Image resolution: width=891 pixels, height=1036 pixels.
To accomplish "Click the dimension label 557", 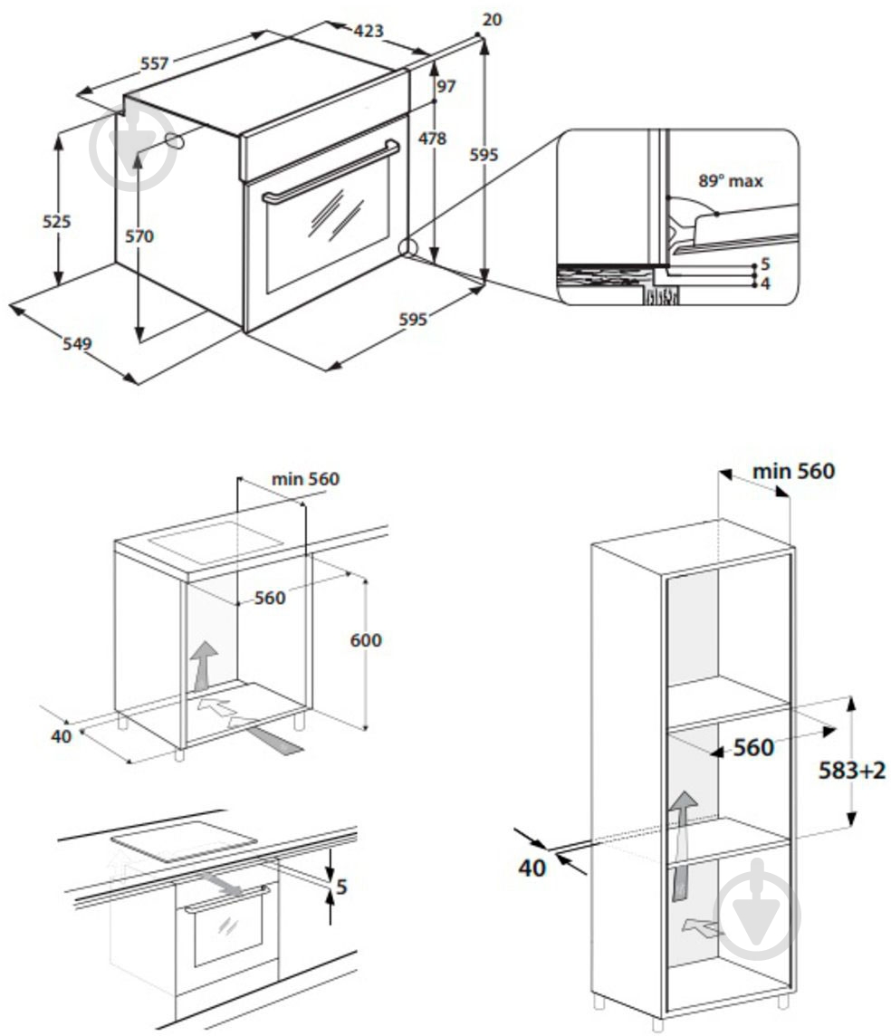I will click(x=154, y=63).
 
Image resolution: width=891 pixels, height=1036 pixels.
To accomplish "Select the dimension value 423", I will click(x=368, y=31).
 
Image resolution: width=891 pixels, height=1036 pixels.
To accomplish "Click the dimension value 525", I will click(x=55, y=221).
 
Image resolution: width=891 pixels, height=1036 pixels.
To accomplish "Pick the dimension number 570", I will click(x=139, y=236).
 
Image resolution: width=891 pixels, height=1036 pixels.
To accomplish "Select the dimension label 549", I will click(x=77, y=343).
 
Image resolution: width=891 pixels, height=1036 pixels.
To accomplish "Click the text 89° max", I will click(x=730, y=181).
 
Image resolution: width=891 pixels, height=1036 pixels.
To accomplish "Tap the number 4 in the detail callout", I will click(x=765, y=284).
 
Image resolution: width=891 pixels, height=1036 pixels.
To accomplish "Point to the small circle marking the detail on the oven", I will click(x=407, y=247).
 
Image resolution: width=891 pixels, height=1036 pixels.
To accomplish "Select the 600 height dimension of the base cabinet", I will click(x=365, y=640).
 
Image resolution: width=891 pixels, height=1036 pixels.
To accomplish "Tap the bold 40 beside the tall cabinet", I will click(x=532, y=868).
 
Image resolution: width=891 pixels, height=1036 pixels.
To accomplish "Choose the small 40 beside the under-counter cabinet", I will click(x=61, y=736).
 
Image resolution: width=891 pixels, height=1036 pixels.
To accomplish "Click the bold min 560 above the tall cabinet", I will click(x=793, y=471).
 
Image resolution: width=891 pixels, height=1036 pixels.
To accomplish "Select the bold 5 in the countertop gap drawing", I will click(x=340, y=887).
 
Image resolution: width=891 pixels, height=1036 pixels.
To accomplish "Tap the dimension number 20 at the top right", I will click(x=493, y=20).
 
